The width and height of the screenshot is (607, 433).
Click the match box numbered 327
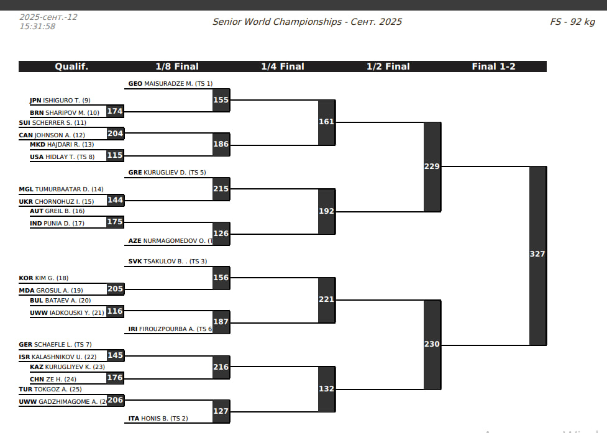[x=537, y=255]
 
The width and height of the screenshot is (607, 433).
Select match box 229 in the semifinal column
[x=432, y=166]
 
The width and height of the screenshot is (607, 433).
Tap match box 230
[x=432, y=344]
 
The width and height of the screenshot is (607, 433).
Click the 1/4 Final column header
[x=283, y=66]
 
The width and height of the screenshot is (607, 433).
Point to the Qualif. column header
[x=71, y=66]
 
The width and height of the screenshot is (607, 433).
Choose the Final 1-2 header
[x=494, y=66]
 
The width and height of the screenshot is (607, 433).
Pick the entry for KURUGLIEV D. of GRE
[x=167, y=173]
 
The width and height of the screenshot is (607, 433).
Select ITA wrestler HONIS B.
[x=158, y=419]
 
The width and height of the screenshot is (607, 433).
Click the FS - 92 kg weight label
[x=572, y=22]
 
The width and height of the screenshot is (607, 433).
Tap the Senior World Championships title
[x=307, y=22]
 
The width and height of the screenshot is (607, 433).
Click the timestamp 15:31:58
[x=37, y=27]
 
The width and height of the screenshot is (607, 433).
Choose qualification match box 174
[x=115, y=112]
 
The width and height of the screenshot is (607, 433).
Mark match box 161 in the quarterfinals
[x=327, y=122]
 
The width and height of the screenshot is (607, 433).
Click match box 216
[x=221, y=367]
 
